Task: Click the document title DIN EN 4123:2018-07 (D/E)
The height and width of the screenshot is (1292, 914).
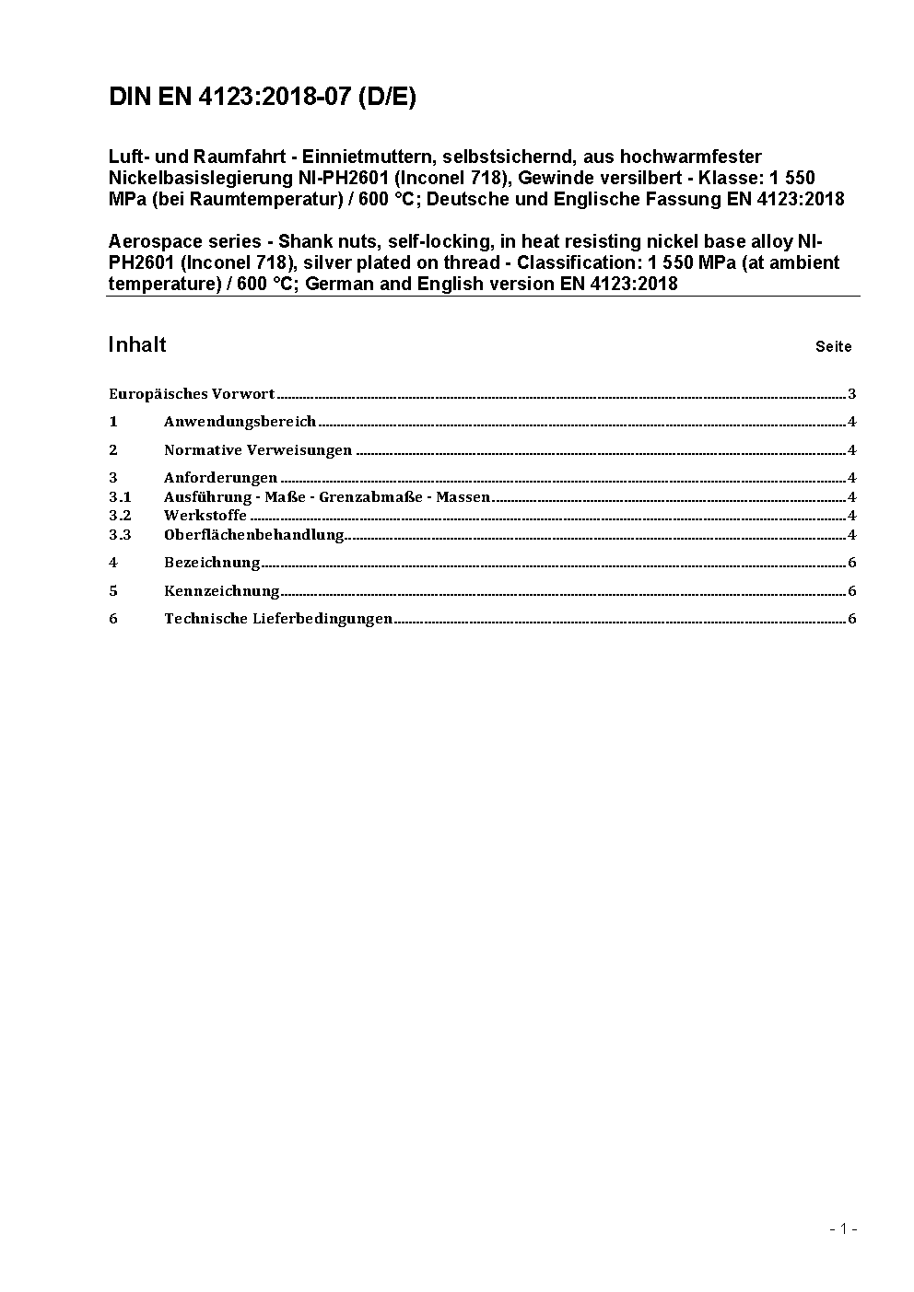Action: (262, 97)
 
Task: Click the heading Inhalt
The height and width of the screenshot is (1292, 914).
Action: (136, 344)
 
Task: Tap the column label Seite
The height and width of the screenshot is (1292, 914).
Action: (833, 347)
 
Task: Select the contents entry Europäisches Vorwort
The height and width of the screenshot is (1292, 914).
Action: (192, 394)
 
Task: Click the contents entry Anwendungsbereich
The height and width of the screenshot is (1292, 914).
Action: (240, 422)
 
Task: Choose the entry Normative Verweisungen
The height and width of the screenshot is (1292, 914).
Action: (258, 450)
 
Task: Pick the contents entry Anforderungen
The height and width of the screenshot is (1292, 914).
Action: (220, 478)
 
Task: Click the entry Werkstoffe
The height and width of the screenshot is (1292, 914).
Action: (205, 516)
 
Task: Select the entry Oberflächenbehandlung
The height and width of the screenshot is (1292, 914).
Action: (253, 535)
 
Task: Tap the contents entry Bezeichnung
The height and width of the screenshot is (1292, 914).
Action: (212, 563)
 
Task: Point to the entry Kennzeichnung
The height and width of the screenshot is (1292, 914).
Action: (221, 591)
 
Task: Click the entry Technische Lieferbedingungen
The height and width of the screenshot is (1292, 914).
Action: (278, 619)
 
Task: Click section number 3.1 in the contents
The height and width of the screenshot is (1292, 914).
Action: (120, 497)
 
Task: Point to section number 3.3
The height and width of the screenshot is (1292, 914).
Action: (120, 535)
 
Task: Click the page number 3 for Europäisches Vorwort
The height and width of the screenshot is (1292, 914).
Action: (852, 394)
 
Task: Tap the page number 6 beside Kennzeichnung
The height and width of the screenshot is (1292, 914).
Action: (852, 591)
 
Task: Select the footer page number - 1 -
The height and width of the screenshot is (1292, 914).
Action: (843, 1228)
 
